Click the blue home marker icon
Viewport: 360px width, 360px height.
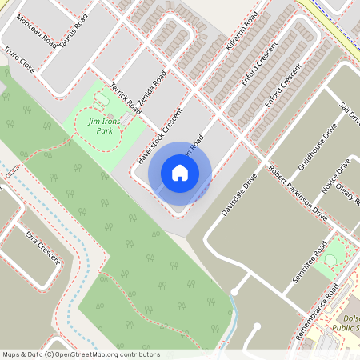click(180, 172)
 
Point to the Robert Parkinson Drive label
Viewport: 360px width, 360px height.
click(298, 194)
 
